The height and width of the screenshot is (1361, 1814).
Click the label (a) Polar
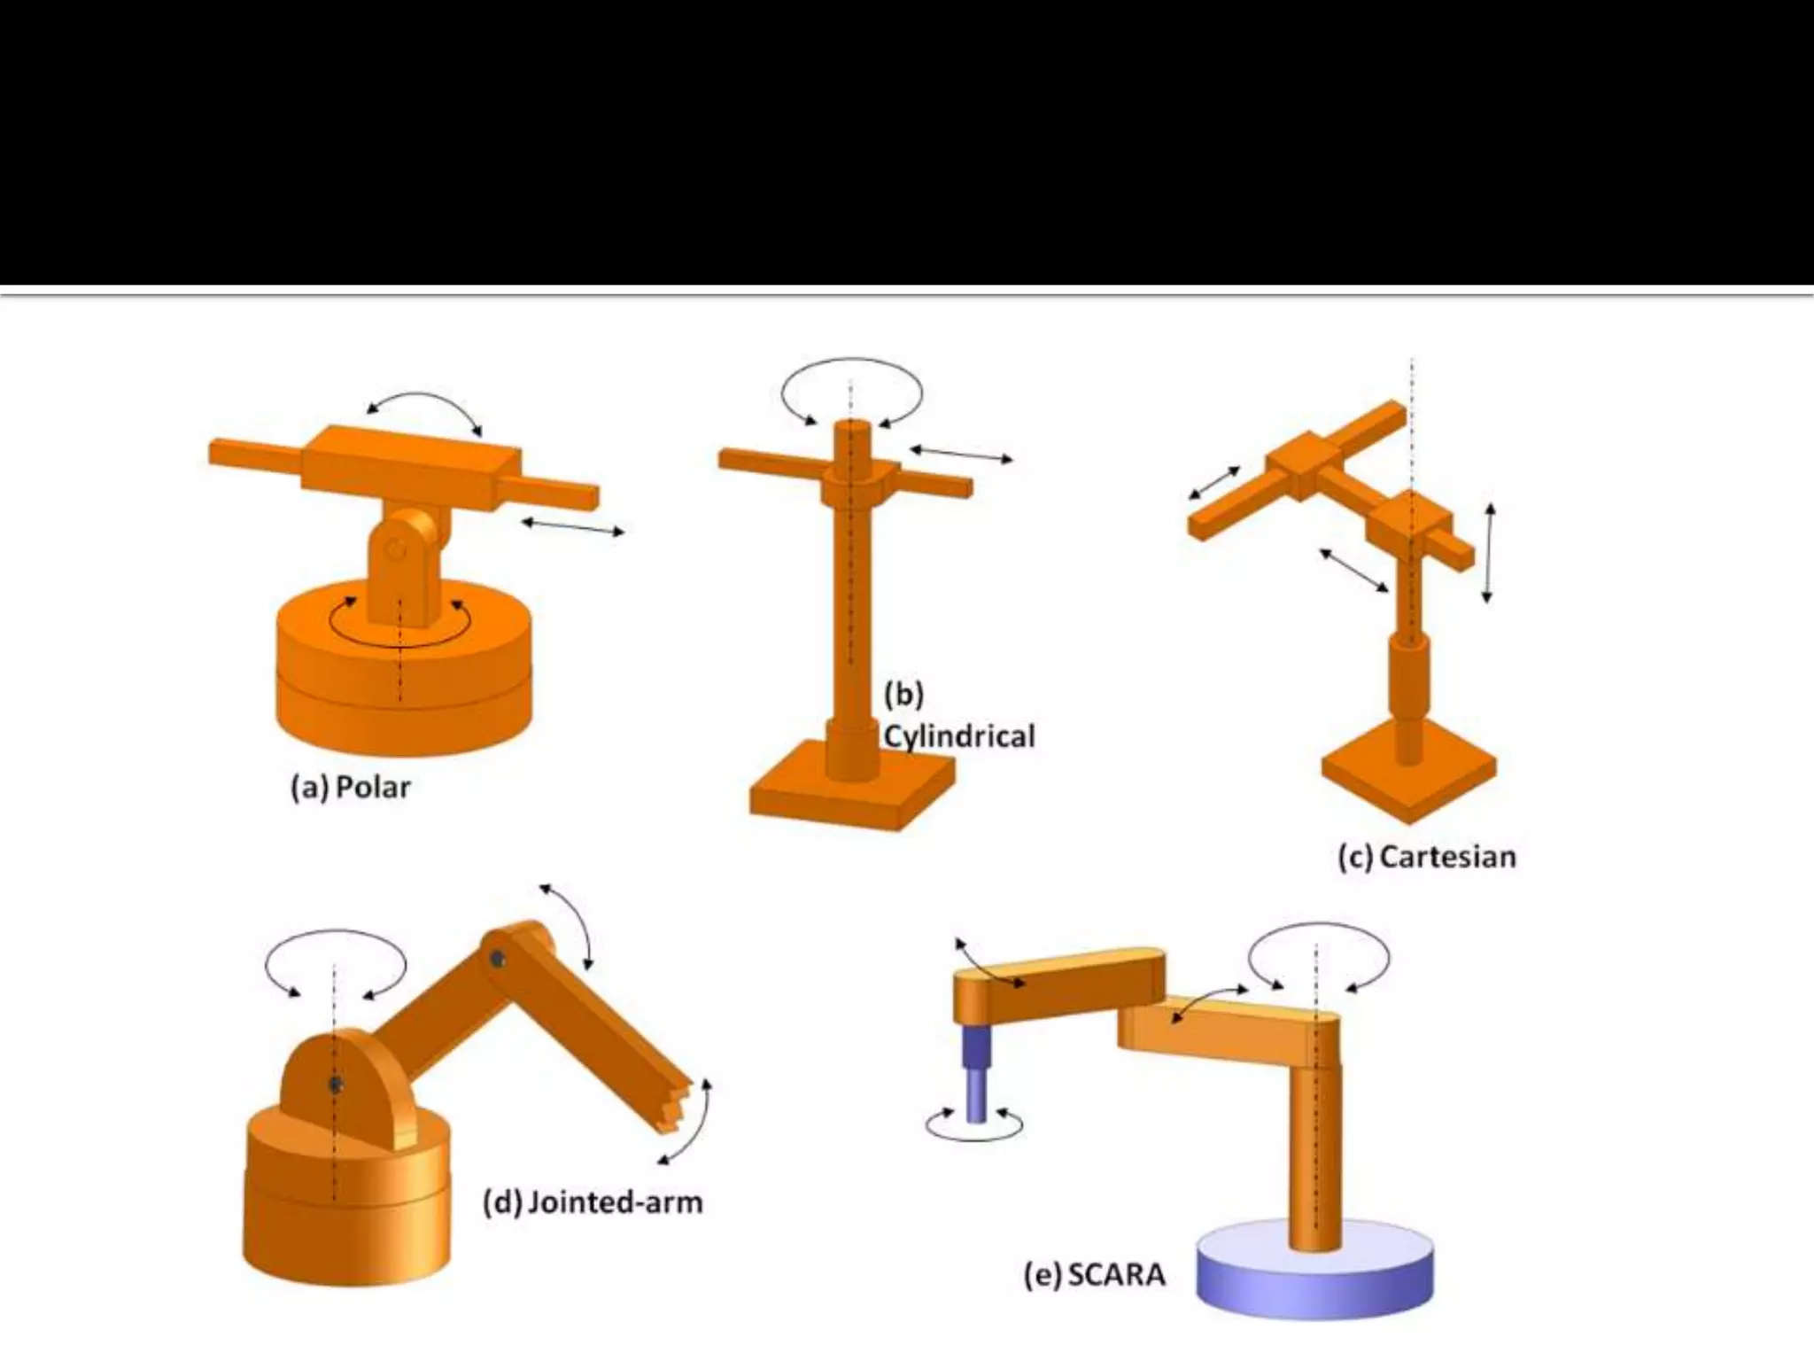(351, 787)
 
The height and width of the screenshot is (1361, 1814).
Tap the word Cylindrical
(959, 736)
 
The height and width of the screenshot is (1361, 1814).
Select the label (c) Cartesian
(1427, 857)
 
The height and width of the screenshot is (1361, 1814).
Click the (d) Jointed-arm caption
(593, 1202)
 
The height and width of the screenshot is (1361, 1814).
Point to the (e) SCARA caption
(1095, 1275)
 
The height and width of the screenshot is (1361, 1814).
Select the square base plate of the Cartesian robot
(1408, 780)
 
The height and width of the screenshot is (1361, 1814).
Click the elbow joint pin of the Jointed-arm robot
(498, 958)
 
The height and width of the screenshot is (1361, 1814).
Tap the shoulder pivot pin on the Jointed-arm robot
(335, 1085)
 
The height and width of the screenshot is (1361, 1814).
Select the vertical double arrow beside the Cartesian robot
(1489, 553)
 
